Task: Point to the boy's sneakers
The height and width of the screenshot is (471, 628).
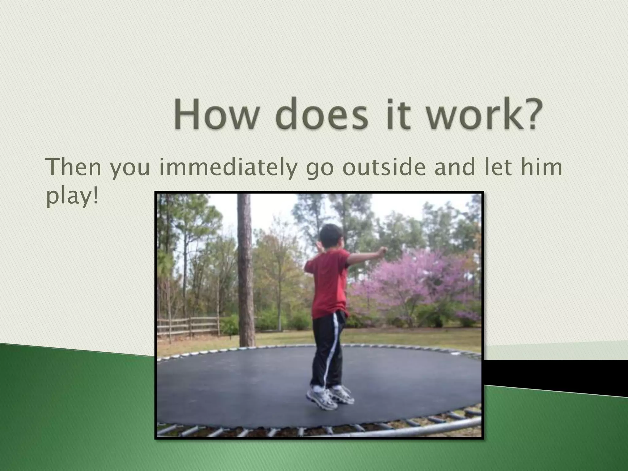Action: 330,397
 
